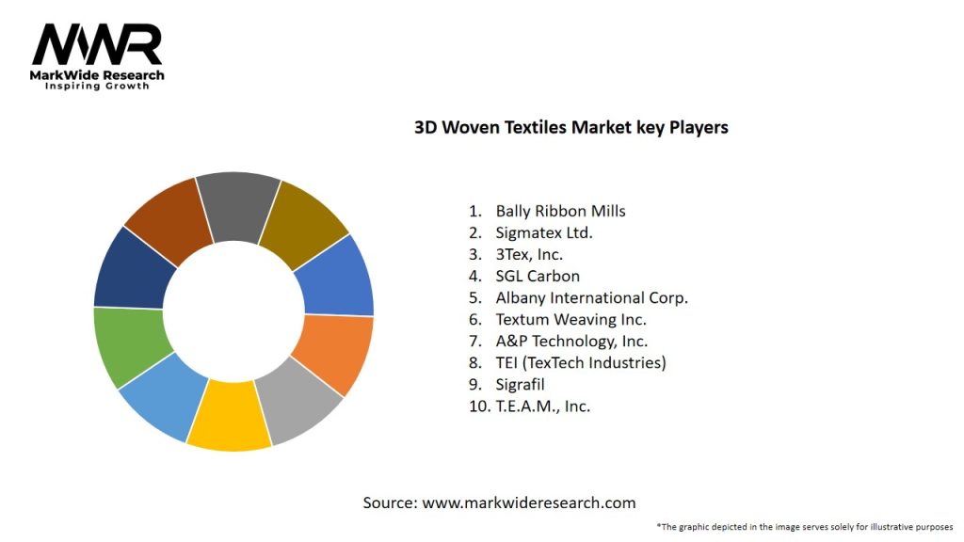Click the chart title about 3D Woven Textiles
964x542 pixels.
(570, 127)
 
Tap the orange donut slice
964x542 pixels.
(330, 355)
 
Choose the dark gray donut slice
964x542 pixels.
(239, 205)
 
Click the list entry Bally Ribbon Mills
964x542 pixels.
(560, 211)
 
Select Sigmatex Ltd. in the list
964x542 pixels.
(543, 232)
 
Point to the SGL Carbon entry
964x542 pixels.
(538, 276)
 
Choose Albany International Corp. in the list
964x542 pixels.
(591, 297)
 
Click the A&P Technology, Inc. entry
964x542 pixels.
(571, 341)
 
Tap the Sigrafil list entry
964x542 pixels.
(520, 384)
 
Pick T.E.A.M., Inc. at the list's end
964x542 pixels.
(542, 406)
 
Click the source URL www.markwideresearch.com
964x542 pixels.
(528, 502)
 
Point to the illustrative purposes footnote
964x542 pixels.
(805, 527)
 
